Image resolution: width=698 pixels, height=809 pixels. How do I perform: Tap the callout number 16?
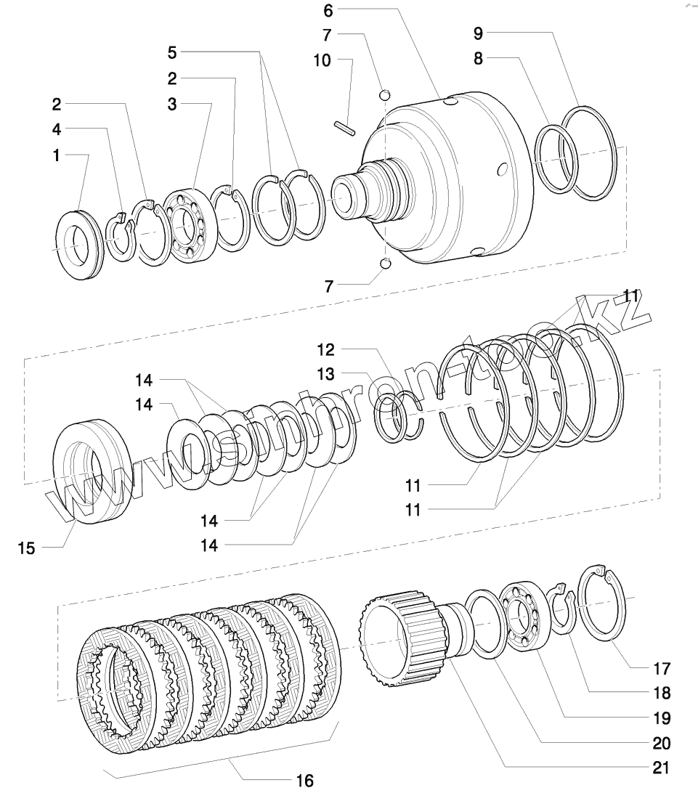pos(305,781)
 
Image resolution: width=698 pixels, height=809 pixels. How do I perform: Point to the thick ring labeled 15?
pos(92,471)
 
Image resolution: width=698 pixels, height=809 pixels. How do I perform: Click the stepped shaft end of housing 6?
pos(363,195)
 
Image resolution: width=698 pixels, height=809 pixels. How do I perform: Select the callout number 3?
pos(171,105)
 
